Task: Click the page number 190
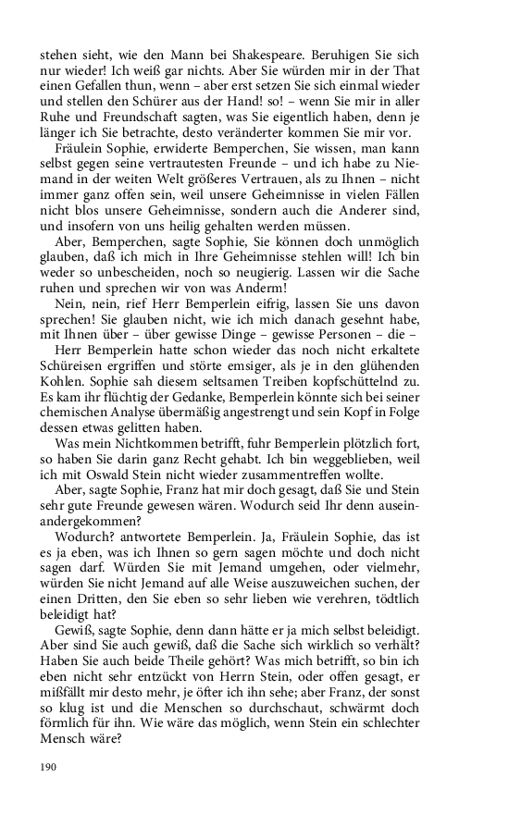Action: click(50, 767)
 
